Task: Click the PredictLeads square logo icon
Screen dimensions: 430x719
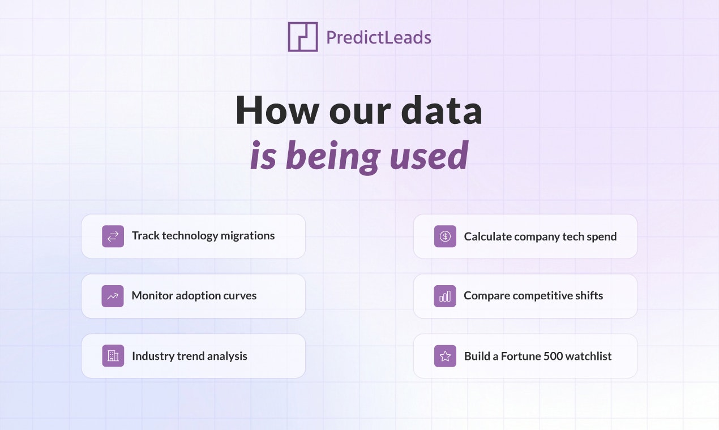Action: pyautogui.click(x=302, y=37)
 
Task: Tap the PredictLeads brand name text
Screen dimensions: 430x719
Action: pyautogui.click(x=378, y=38)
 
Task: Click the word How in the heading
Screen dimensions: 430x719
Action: pyautogui.click(x=277, y=110)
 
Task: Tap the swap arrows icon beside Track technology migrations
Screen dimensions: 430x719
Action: pyautogui.click(x=113, y=236)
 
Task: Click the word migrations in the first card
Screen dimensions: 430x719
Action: pyautogui.click(x=247, y=236)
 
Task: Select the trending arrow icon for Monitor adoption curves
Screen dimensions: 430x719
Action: pyautogui.click(x=113, y=296)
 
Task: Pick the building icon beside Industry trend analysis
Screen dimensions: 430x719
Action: pyautogui.click(x=113, y=356)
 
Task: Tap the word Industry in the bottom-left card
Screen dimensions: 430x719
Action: pyautogui.click(x=153, y=356)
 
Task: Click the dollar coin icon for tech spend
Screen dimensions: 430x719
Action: pyautogui.click(x=445, y=236)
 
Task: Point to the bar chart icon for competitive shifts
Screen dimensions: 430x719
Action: pyautogui.click(x=445, y=296)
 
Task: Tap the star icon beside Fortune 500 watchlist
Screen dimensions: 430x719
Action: pyautogui.click(x=445, y=356)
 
